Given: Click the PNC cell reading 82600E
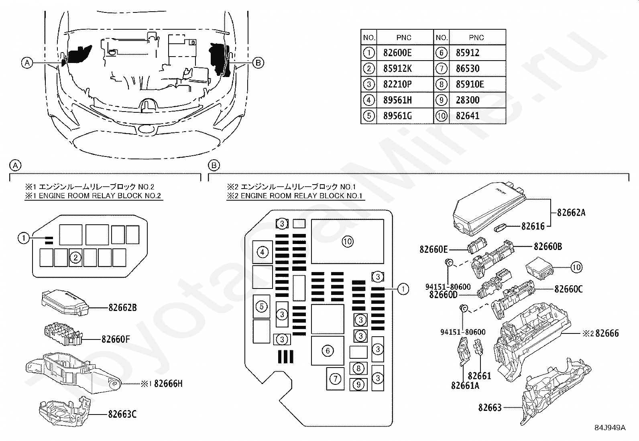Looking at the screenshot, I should pyautogui.click(x=397, y=53).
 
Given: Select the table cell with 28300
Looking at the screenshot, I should pyautogui.click(x=468, y=100).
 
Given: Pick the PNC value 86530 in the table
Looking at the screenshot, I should pyautogui.click(x=468, y=69).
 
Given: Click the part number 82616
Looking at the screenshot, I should pyautogui.click(x=533, y=226).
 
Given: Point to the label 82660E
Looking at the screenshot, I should pyautogui.click(x=433, y=249).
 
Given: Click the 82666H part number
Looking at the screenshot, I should pyautogui.click(x=168, y=384).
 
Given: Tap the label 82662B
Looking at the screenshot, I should pyautogui.click(x=122, y=308).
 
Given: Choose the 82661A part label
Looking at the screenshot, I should pyautogui.click(x=465, y=385).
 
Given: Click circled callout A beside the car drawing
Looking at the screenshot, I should pyautogui.click(x=27, y=63).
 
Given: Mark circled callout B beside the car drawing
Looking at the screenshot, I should pyautogui.click(x=258, y=63).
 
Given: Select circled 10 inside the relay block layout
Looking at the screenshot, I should pyautogui.click(x=347, y=241).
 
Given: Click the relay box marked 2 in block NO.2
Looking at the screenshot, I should pyautogui.click(x=75, y=258).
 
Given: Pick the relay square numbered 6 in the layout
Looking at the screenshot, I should pyautogui.click(x=328, y=351).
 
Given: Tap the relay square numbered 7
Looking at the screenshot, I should pyautogui.click(x=336, y=378).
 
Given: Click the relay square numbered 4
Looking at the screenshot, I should pyautogui.click(x=263, y=252).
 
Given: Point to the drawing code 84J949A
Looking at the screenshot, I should pyautogui.click(x=610, y=427).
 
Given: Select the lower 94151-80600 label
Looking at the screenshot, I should pyautogui.click(x=463, y=332).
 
